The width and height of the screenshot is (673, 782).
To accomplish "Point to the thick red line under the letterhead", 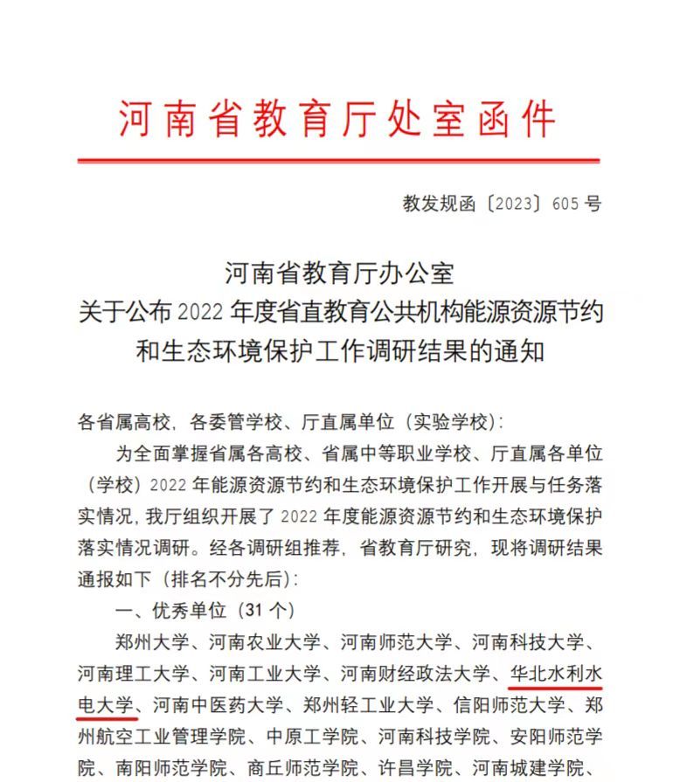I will point(338,161).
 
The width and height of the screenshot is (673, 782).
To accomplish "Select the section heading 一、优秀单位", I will point(169,610).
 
